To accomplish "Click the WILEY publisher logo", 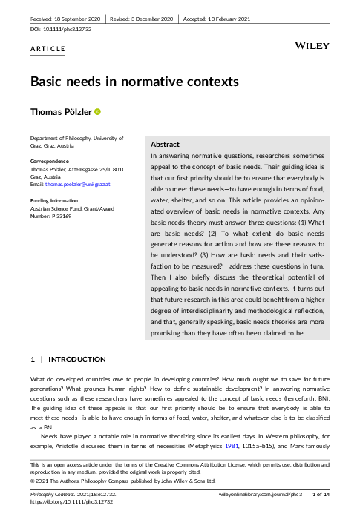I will tap(312, 46).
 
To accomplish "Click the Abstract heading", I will tap(165, 144).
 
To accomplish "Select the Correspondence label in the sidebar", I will tap(49, 161).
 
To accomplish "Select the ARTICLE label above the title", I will tap(48, 49).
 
